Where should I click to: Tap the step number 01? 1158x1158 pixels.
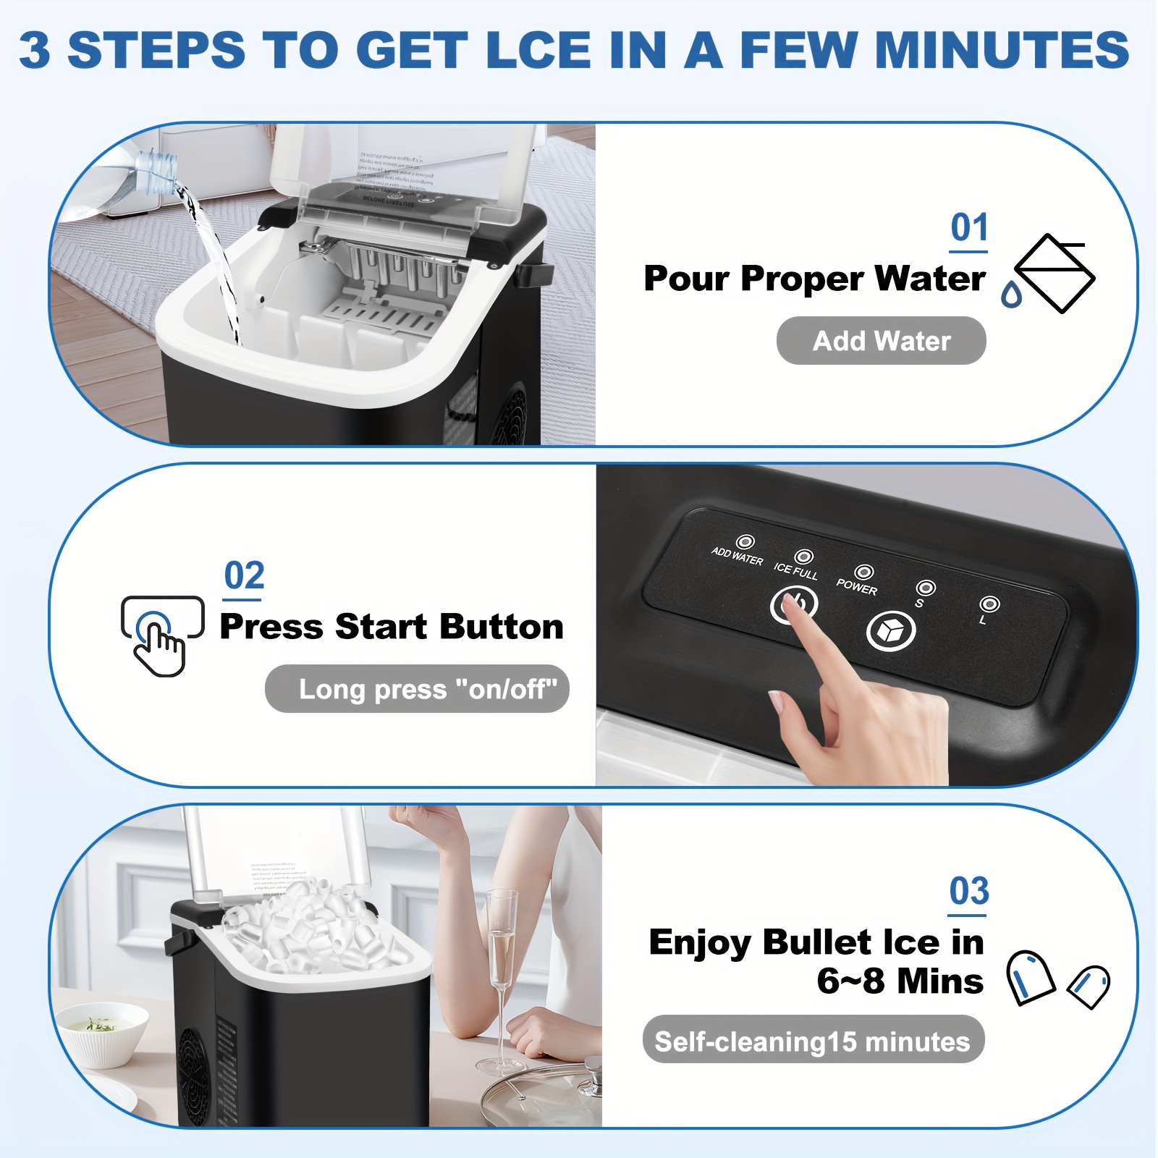click(x=968, y=228)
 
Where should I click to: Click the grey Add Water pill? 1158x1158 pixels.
click(x=881, y=341)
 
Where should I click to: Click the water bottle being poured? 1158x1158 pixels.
click(x=156, y=170)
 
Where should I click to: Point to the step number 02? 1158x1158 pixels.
click(x=244, y=576)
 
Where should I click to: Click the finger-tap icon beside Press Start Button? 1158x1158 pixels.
click(x=161, y=634)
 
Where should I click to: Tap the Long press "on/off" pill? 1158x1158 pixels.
click(x=418, y=689)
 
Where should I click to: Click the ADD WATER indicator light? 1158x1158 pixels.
click(x=745, y=541)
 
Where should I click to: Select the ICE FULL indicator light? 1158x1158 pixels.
click(x=803, y=557)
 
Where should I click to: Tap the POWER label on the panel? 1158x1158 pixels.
click(x=856, y=587)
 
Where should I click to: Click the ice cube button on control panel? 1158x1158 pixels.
click(x=890, y=631)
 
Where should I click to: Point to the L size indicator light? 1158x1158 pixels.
click(x=989, y=604)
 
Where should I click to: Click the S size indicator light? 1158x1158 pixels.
click(x=925, y=588)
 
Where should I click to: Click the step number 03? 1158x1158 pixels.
click(x=968, y=891)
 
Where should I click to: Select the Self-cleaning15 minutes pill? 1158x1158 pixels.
click(x=813, y=1040)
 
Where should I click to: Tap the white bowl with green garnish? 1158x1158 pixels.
click(x=101, y=1031)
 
